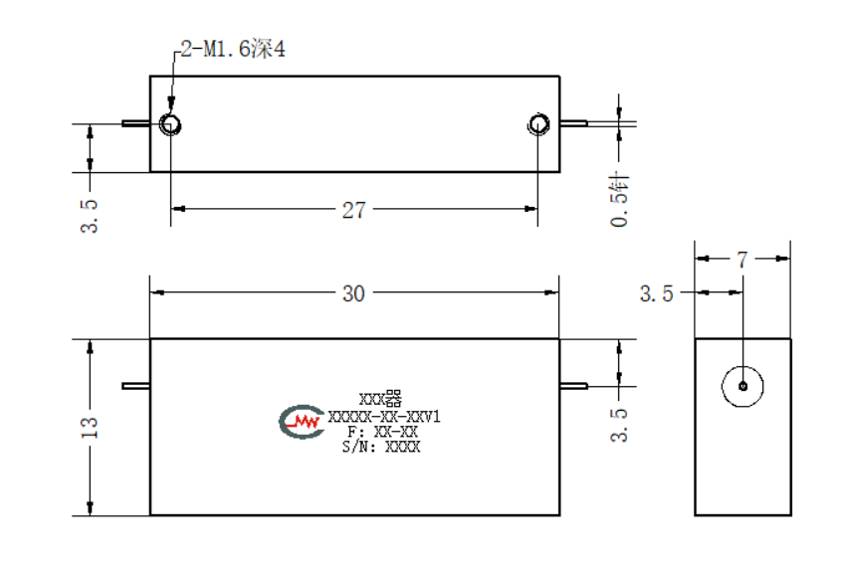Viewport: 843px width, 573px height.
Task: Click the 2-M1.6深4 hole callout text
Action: click(233, 49)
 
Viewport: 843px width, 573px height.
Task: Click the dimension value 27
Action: click(353, 210)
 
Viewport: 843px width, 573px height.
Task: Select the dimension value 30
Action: click(353, 293)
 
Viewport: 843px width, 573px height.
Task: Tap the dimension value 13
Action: click(90, 428)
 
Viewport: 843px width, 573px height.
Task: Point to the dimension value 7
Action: click(742, 260)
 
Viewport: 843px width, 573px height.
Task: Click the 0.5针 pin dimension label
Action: click(619, 199)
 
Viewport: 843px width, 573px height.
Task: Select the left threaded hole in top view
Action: click(170, 124)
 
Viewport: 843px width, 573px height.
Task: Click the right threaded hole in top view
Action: click(538, 124)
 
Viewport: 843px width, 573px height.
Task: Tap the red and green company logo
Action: click(302, 422)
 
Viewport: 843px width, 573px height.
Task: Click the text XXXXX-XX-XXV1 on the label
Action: click(384, 417)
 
